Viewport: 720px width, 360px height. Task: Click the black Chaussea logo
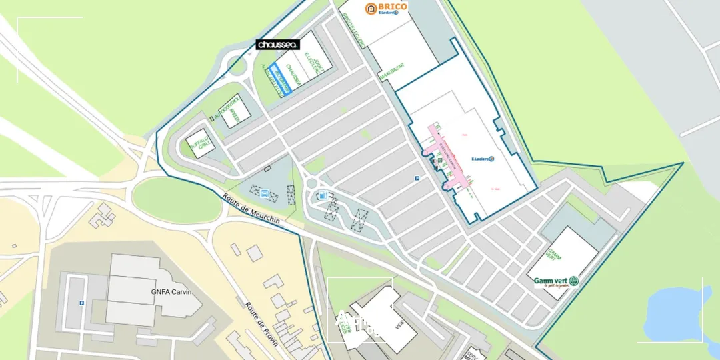[x=277, y=45]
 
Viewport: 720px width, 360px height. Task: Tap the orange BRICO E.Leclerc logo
[x=386, y=8]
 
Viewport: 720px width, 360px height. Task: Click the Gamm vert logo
[x=555, y=281]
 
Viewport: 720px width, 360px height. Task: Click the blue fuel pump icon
[x=322, y=195]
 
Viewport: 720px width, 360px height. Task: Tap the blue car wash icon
[x=265, y=193]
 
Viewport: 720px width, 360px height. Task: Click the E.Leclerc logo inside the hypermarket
[x=481, y=159]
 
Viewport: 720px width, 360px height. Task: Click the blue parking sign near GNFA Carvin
[x=82, y=302]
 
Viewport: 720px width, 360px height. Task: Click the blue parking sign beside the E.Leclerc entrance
[x=418, y=179]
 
